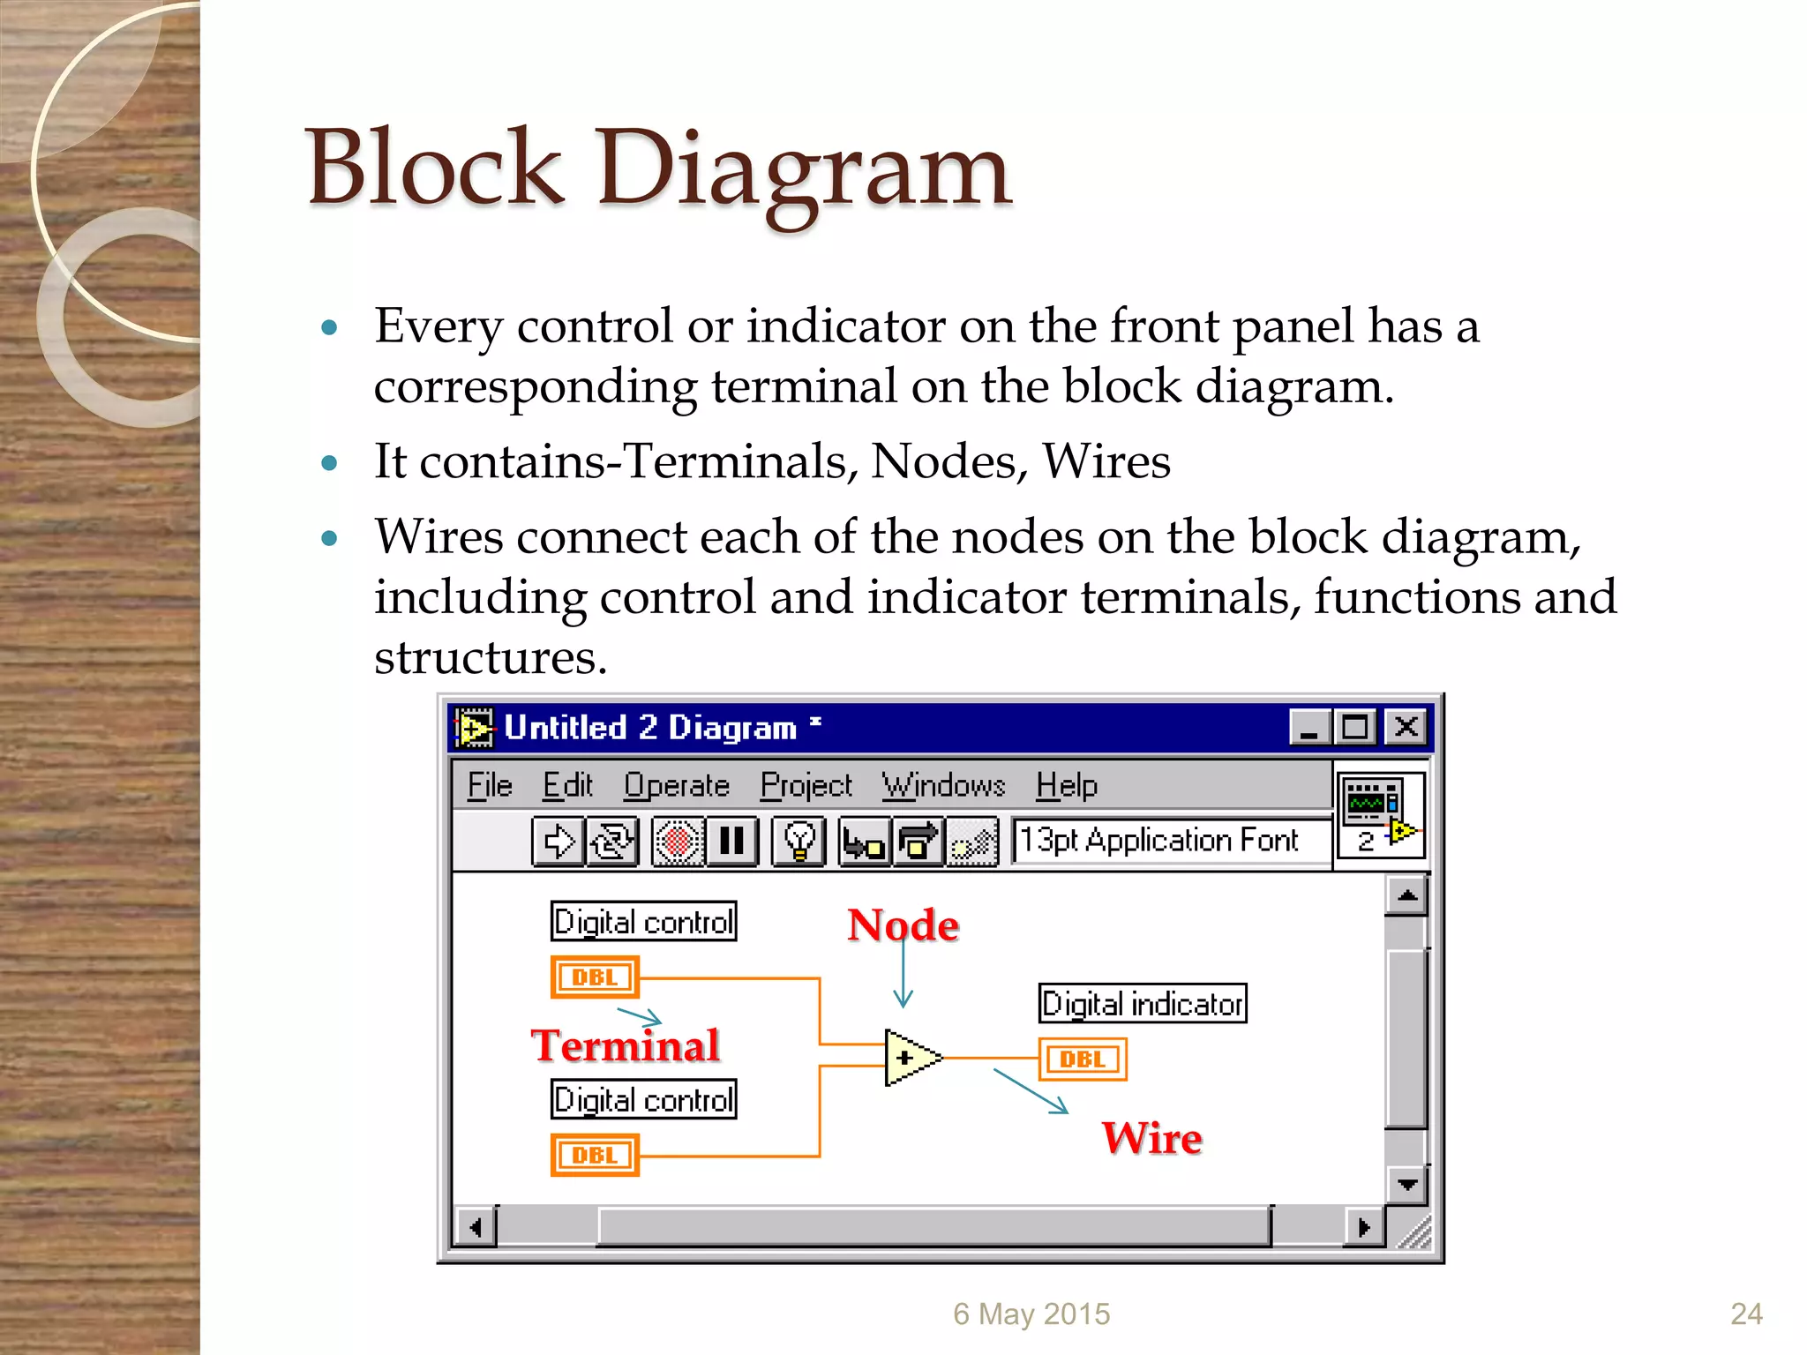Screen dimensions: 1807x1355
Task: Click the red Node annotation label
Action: [x=903, y=925]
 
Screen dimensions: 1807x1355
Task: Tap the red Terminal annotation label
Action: [x=626, y=1046]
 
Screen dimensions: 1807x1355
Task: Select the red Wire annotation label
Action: [x=1151, y=1138]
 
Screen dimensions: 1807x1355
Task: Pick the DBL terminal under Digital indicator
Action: [x=1083, y=1059]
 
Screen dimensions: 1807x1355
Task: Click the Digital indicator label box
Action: [x=1143, y=1004]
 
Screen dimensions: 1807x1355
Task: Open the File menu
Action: [x=490, y=785]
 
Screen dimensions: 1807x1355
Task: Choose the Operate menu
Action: [x=677, y=785]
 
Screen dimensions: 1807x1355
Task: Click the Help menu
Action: [x=1067, y=785]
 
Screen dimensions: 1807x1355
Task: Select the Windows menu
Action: [x=943, y=785]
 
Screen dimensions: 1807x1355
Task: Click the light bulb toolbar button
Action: [x=799, y=841]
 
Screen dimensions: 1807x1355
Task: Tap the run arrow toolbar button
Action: [x=558, y=841]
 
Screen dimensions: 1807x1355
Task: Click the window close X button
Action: [x=1406, y=728]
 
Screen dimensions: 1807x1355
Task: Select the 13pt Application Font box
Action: [x=1170, y=841]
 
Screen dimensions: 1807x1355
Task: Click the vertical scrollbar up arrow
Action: [x=1407, y=896]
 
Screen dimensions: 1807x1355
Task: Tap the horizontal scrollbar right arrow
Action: [x=1364, y=1227]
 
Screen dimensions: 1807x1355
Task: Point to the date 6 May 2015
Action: [x=1031, y=1314]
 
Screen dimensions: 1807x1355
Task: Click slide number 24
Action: [x=1746, y=1314]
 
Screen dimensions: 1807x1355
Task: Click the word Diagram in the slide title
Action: [x=804, y=169]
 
